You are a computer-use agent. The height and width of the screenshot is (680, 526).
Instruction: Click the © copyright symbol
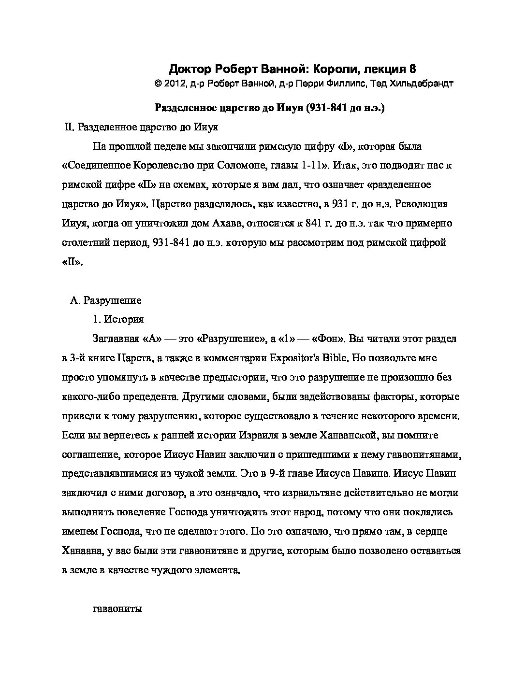157,84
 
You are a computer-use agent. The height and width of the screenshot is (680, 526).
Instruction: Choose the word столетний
84,242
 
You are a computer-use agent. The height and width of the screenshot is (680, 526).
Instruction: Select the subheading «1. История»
118,319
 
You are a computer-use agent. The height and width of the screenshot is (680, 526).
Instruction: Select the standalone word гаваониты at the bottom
117,609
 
